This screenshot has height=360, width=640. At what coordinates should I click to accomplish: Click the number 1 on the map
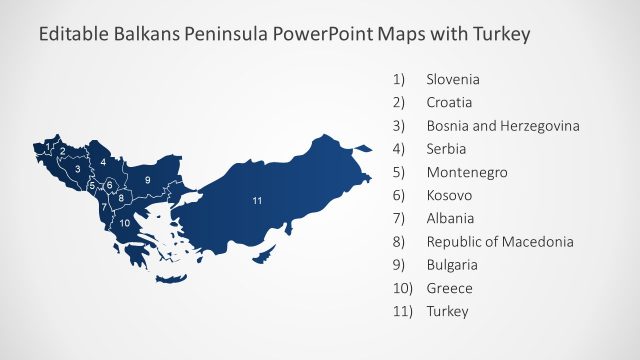48,146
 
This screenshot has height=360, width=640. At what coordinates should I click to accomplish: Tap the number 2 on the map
63,152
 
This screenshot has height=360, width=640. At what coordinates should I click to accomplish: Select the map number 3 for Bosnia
77,169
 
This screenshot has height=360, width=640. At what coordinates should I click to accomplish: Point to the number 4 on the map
103,161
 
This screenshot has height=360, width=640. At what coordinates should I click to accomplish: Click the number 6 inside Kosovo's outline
110,185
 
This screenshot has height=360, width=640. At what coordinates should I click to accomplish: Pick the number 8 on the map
121,198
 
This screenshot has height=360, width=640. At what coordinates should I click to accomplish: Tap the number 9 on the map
147,179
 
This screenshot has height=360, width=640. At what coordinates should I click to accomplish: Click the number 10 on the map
125,223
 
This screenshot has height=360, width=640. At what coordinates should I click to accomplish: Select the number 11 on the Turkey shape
257,201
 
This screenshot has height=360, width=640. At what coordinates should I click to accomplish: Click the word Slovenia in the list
453,78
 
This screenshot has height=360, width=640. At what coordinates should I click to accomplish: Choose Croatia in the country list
449,101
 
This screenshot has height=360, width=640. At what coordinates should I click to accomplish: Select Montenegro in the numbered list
466,172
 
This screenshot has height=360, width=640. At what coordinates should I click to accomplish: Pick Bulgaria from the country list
452,265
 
